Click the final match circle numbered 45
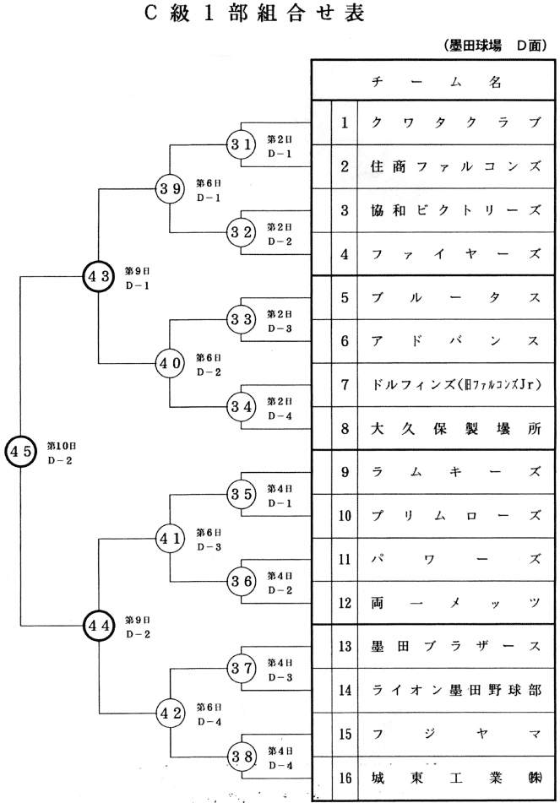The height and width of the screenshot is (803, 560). [x=20, y=450]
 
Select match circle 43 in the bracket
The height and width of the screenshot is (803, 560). [x=100, y=275]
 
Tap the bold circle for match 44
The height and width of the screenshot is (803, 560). [x=100, y=626]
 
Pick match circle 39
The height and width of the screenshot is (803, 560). [x=170, y=187]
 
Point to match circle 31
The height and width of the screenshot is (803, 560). [x=242, y=144]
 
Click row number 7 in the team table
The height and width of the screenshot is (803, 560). [x=345, y=384]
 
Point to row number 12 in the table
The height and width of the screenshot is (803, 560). [x=345, y=603]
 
